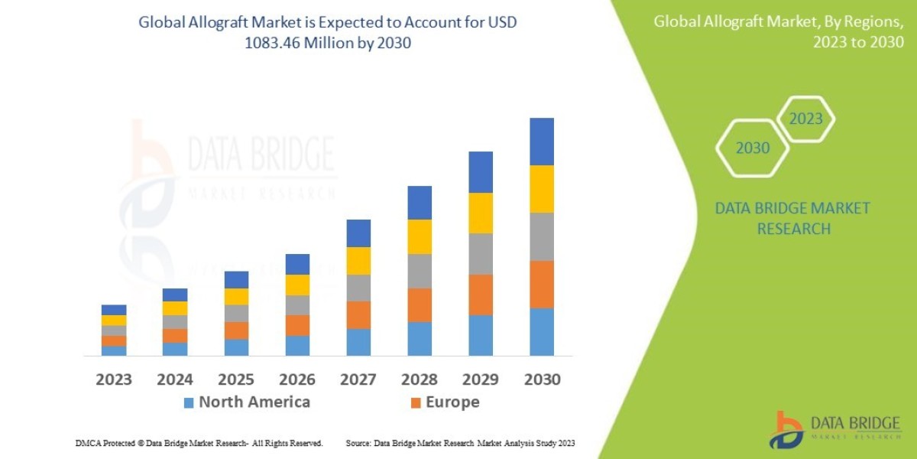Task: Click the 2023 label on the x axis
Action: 114,379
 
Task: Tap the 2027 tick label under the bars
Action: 358,379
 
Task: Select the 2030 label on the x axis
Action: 542,379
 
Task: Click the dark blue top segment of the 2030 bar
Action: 542,142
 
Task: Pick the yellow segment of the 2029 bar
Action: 481,213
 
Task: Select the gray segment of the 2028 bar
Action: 420,271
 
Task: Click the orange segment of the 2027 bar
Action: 358,315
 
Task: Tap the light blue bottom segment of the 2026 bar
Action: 297,346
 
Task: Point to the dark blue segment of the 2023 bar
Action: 114,310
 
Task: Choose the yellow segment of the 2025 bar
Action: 236,297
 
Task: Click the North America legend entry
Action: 247,402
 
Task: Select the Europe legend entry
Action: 446,402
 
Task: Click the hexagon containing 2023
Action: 805,119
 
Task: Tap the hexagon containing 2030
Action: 753,148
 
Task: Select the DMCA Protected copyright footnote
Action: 199,443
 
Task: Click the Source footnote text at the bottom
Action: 460,443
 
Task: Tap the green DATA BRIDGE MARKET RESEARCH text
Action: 792,218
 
